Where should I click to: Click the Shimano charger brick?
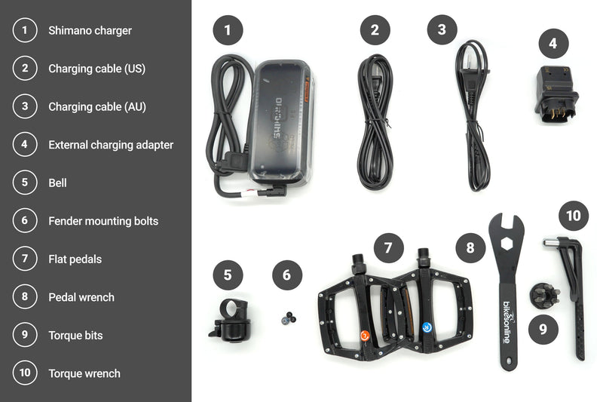pos(281,121)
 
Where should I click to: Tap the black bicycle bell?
pos(231,321)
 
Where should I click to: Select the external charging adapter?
pos(556,94)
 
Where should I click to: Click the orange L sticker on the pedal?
pos(365,336)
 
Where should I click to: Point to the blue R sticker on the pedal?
pos(427,327)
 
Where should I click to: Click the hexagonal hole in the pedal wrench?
pos(507,244)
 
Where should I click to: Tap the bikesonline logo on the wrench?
pos(507,321)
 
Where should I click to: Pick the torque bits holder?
pos(543,294)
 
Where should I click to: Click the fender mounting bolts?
pos(289,318)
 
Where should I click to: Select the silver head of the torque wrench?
pos(551,243)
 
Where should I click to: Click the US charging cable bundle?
pos(375,122)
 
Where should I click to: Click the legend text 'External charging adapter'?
pos(111,145)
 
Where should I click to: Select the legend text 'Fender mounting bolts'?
pos(103,221)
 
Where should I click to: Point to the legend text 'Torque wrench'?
pos(84,373)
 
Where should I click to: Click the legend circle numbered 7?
pos(25,258)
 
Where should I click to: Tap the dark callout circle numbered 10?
pos(574,216)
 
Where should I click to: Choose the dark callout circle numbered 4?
pos(553,43)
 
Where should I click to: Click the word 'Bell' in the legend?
pos(57,183)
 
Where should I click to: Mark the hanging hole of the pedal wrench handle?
pos(510,361)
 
